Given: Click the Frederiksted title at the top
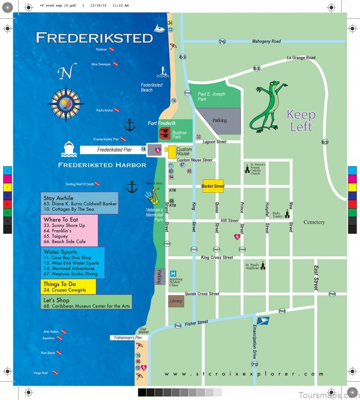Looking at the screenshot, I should tap(94, 38).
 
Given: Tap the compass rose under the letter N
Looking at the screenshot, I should tap(65, 104).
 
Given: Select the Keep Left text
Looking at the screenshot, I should tap(301, 120).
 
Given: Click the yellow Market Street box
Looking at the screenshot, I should tap(213, 186).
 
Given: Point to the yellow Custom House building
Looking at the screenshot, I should tap(172, 152).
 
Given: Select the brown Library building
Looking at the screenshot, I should tap(176, 301).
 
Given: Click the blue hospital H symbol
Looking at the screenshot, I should tap(173, 273).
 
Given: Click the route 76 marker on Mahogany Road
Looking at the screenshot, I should tap(222, 41).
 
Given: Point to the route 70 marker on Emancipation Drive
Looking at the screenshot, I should tap(255, 364).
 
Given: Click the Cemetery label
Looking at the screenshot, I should tap(314, 222).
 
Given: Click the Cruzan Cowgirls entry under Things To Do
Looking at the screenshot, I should tap(65, 290).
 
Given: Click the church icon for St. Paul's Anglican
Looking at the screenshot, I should tap(263, 266).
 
